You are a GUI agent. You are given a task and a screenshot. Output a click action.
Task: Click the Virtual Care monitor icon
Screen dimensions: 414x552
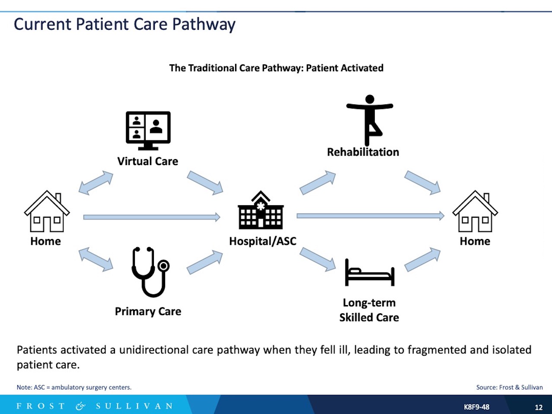148,130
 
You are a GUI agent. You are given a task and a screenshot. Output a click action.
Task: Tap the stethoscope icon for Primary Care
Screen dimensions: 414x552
150,272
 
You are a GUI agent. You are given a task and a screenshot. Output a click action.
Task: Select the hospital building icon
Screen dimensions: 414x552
261,210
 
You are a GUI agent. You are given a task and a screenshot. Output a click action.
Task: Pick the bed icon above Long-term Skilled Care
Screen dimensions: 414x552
370,273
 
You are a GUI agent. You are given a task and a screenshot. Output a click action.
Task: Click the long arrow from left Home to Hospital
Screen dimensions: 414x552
151,217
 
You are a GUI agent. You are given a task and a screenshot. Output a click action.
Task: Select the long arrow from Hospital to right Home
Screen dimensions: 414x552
370,216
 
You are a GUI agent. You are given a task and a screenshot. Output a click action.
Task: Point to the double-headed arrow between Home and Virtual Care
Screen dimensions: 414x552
96,182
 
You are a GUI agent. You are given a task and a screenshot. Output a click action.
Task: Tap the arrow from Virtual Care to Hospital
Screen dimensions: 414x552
205,182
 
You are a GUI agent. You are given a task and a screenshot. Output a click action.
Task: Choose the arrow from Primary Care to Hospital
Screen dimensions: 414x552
205,262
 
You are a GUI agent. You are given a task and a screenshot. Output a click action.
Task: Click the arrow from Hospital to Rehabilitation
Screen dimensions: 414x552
318,182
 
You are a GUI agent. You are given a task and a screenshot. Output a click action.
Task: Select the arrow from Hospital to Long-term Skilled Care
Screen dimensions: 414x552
318,259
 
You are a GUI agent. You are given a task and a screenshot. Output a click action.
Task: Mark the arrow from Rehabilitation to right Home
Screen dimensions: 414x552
422,182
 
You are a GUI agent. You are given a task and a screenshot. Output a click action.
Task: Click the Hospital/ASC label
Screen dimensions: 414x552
263,241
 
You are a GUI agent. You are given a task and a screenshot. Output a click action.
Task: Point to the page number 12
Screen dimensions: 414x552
539,407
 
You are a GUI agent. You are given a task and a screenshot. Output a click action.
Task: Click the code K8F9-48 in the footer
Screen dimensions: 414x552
476,407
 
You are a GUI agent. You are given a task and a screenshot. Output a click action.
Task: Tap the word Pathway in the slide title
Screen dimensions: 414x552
204,25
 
